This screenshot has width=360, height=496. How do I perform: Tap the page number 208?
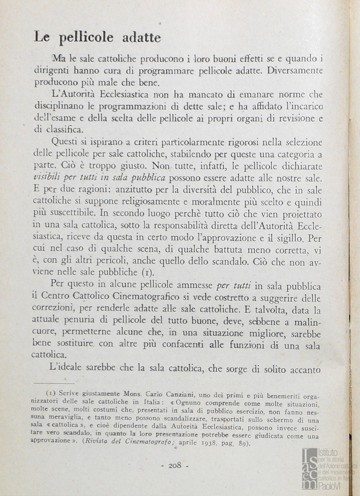coord(175,465)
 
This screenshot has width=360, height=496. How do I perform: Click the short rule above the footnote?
coord(54,383)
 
